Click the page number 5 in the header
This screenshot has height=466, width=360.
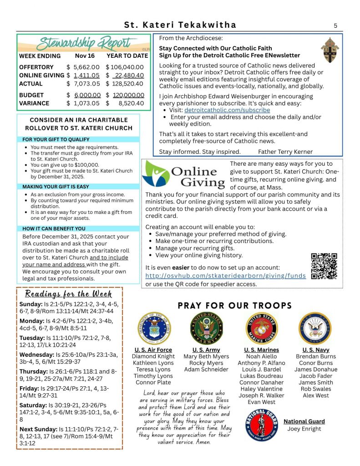click(x=335, y=25)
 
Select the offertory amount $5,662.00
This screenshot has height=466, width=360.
click(x=83, y=67)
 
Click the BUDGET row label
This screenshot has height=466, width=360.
click(x=31, y=95)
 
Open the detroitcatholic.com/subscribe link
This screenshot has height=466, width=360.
click(x=227, y=110)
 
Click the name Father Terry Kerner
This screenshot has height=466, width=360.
click(x=285, y=152)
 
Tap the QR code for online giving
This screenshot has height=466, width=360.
click(x=324, y=266)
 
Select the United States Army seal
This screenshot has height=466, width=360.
click(x=207, y=329)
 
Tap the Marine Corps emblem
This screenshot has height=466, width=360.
click(x=261, y=329)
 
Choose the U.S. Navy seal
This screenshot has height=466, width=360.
click(x=316, y=329)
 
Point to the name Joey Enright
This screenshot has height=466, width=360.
click(x=304, y=429)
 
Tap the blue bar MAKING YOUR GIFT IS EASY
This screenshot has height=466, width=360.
click(x=56, y=187)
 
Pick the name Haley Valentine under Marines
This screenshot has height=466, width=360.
click(x=261, y=389)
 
